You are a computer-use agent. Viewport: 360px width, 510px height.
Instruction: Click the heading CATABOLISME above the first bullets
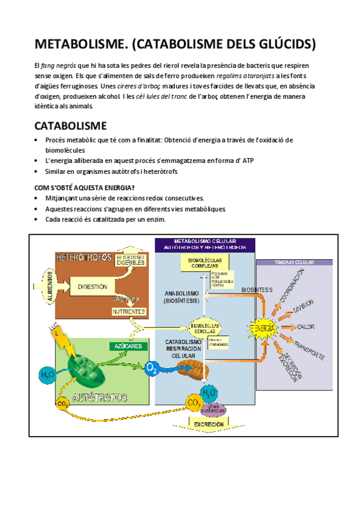70,126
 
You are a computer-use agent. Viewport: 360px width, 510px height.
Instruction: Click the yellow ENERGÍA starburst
263,328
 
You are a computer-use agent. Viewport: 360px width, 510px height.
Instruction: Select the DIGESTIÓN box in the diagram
92,287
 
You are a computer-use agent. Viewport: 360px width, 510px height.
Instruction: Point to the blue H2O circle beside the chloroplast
46,375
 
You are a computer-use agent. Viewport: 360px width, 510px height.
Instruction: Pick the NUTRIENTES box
129,312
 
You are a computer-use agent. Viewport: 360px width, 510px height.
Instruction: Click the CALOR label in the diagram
305,327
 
